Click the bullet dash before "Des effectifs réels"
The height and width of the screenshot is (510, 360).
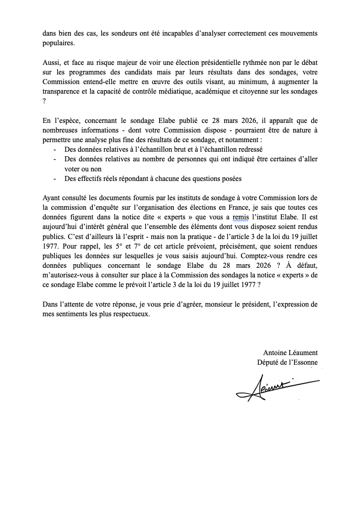[x=55, y=179]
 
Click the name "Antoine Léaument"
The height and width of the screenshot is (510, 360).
[x=290, y=352]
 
